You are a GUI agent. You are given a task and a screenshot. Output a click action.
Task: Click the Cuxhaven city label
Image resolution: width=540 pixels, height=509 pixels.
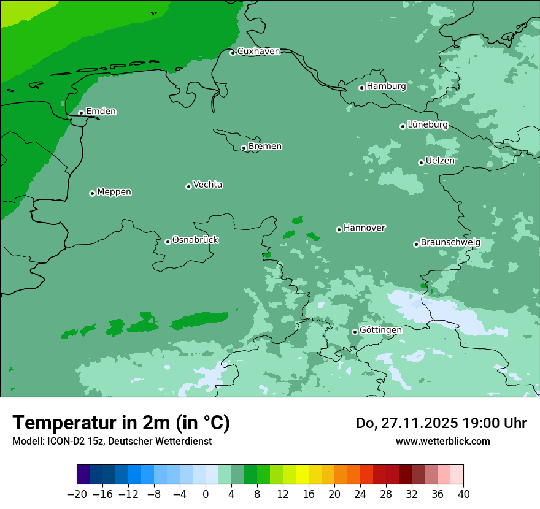[x=258, y=52]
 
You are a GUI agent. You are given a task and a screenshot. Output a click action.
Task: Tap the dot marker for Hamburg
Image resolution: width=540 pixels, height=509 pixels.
[x=361, y=88]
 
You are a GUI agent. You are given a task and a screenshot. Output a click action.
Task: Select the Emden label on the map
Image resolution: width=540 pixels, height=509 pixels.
[x=101, y=112]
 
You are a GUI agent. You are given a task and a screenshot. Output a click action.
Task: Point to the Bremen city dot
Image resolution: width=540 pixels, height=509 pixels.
[x=244, y=148]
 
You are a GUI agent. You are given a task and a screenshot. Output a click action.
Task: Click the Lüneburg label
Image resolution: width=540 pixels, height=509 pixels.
[x=427, y=124]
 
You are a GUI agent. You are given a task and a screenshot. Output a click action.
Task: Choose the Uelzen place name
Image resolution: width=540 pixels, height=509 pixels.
[x=440, y=161]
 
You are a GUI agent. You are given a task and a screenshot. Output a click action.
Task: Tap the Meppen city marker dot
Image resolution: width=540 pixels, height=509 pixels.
[x=92, y=193]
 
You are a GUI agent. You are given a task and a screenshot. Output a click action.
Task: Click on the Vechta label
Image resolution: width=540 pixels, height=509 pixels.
[x=207, y=185]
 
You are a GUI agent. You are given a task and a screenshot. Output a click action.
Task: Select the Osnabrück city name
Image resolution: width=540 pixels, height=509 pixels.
[x=195, y=240]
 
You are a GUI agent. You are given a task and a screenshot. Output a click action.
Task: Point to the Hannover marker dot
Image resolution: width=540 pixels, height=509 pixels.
[x=339, y=229]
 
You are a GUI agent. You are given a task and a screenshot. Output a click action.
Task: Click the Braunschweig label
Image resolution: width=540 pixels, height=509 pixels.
[x=450, y=242]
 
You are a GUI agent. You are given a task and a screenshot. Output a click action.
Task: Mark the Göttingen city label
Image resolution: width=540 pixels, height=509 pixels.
[x=380, y=330]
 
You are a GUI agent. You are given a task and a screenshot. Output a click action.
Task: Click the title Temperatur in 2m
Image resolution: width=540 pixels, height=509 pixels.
[x=121, y=423]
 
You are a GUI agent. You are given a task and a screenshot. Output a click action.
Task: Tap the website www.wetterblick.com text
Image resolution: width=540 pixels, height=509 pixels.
[x=442, y=441]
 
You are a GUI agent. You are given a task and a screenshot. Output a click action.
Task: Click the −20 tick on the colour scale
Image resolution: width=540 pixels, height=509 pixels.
[x=77, y=494]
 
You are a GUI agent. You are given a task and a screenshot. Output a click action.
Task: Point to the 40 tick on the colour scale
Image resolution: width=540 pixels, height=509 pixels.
[x=463, y=494]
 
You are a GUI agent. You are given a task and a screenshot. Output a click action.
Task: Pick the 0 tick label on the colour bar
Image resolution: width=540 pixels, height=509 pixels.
[x=206, y=494]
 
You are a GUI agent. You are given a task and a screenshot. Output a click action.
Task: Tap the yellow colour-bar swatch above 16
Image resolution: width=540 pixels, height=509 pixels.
[x=302, y=475]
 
